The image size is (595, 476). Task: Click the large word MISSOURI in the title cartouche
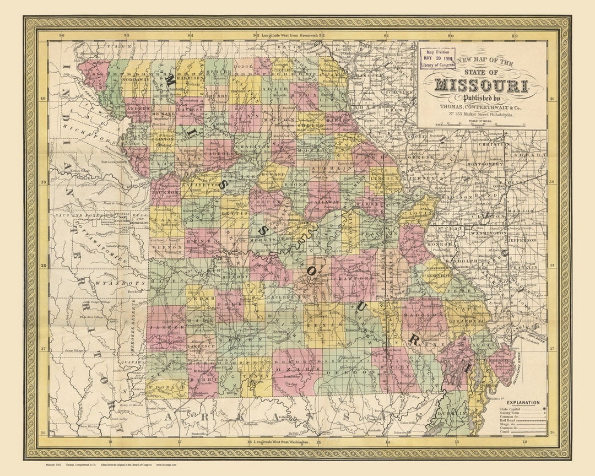[482, 85]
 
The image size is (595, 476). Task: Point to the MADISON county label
[424, 315]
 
